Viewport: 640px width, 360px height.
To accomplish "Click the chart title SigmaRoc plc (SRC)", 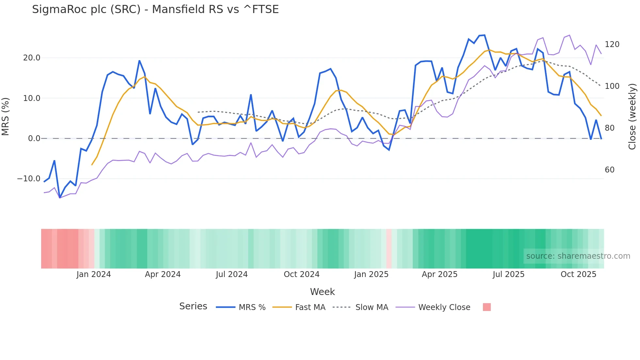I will click(155, 9).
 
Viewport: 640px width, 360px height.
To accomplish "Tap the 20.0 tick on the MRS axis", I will click(32, 58).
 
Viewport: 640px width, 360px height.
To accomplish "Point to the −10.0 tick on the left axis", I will click(29, 179).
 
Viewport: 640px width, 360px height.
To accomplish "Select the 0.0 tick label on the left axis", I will click(34, 139).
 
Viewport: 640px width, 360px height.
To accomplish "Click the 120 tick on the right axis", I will click(612, 44).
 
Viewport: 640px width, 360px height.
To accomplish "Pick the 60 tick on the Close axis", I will click(609, 170).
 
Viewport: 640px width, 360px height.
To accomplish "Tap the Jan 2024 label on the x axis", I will click(94, 274).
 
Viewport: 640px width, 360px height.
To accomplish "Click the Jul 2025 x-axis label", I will click(508, 274).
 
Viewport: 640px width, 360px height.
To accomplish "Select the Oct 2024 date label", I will click(301, 274).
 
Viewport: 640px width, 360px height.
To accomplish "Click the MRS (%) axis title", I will click(6, 117).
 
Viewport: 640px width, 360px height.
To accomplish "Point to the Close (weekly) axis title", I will click(632, 117).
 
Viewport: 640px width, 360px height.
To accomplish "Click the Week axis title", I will click(322, 292).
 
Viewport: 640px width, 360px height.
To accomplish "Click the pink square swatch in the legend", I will click(487, 307).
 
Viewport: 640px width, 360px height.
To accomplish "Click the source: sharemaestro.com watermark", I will click(578, 256).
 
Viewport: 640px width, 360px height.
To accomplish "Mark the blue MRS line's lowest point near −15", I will click(60, 198).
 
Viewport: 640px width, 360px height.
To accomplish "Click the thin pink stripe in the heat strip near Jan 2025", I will click(389, 249).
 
